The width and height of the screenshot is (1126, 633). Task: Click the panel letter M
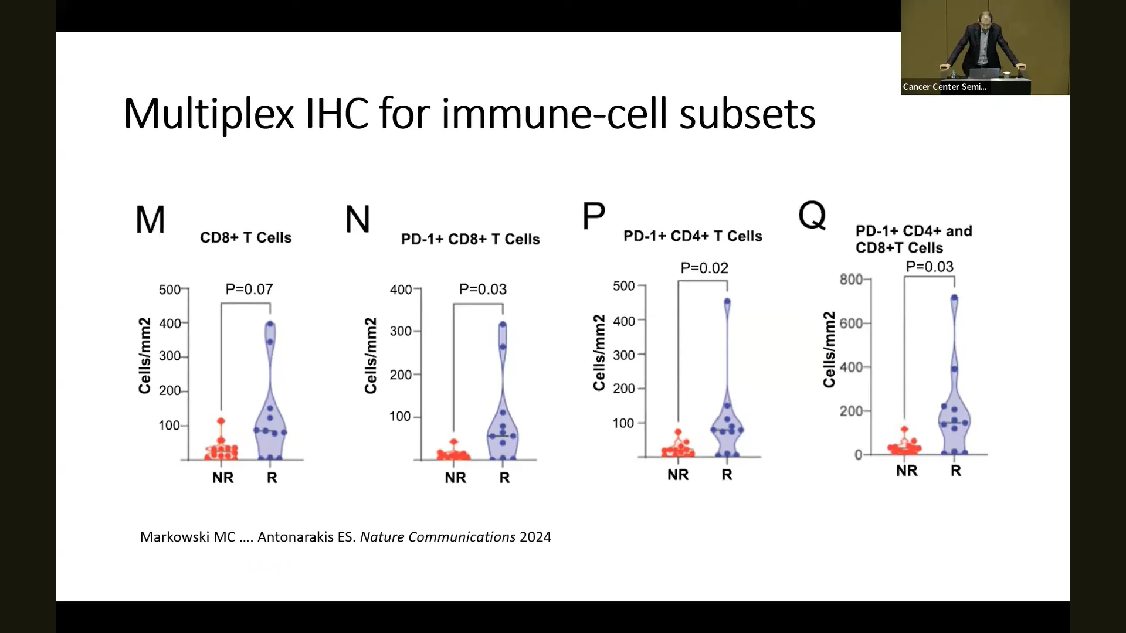pos(150,220)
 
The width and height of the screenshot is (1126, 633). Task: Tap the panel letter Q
pos(812,216)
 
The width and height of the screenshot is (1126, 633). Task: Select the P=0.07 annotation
pos(249,289)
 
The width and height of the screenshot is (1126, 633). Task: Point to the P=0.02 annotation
pos(704,268)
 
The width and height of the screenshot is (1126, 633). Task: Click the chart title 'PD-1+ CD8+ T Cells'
pos(470,239)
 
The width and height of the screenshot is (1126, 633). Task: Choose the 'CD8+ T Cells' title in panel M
pos(246,237)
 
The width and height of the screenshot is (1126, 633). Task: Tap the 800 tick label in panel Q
pos(851,279)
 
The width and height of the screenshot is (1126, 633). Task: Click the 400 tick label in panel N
pos(401,290)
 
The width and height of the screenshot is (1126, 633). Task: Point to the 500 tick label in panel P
pos(624,286)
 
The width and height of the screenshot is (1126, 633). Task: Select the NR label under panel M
pos(223,478)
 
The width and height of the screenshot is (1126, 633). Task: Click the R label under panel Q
pos(956,471)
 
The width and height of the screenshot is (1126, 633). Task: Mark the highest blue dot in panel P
pos(727,302)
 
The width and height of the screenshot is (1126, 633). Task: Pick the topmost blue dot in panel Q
pos(954,298)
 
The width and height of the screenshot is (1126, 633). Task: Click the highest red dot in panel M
pos(221,421)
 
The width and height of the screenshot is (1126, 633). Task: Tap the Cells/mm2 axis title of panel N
pos(371,356)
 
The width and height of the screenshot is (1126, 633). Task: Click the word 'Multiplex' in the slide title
pos(209,114)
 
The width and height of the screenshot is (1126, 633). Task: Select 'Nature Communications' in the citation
pos(437,537)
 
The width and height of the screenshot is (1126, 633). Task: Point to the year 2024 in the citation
pos(535,537)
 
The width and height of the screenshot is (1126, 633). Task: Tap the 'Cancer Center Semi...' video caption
pos(945,87)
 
